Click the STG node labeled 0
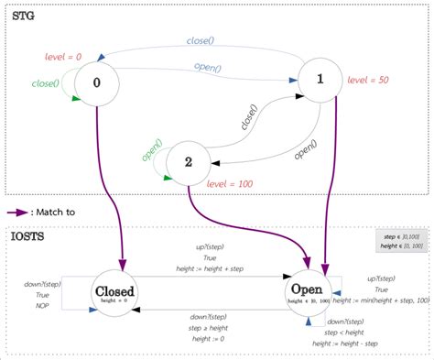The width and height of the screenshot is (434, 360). pos(96,82)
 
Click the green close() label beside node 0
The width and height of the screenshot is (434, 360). pos(44,85)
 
